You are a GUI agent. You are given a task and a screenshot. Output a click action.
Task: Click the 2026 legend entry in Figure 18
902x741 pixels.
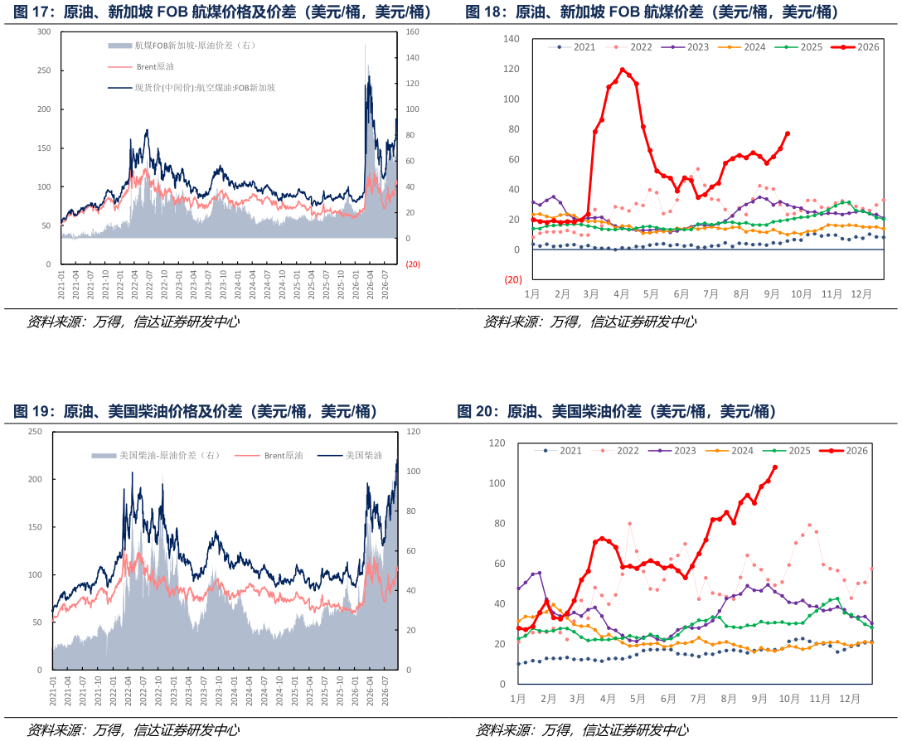[x=856, y=47]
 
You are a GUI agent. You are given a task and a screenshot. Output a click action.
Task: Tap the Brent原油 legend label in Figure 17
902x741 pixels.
[x=141, y=67]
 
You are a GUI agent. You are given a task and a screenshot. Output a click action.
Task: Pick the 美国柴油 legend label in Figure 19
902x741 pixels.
[x=351, y=456]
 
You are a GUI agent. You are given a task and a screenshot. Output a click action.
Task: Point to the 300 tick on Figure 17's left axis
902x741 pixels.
[x=44, y=31]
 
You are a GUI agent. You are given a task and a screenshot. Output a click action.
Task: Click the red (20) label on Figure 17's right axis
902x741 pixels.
[x=413, y=264]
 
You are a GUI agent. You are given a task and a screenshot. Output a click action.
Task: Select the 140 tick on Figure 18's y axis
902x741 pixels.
[x=511, y=39]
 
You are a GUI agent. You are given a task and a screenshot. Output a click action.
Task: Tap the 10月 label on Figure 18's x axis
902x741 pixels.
[x=801, y=294]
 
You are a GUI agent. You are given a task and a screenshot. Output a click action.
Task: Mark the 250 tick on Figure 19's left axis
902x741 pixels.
[x=35, y=432]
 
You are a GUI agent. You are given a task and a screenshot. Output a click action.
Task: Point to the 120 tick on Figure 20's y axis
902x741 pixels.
[x=497, y=443]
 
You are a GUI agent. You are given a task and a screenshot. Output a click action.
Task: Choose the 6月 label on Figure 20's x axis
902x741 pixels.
[x=668, y=699]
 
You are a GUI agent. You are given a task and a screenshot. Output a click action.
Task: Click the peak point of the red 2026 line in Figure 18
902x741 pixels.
[x=623, y=70]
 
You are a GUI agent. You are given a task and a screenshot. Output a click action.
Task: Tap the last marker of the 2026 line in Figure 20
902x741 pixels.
[x=775, y=467]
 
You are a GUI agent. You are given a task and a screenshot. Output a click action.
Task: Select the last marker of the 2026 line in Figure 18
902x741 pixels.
[x=788, y=133]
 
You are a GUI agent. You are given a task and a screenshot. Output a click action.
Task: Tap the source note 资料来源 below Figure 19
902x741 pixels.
[x=54, y=730]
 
